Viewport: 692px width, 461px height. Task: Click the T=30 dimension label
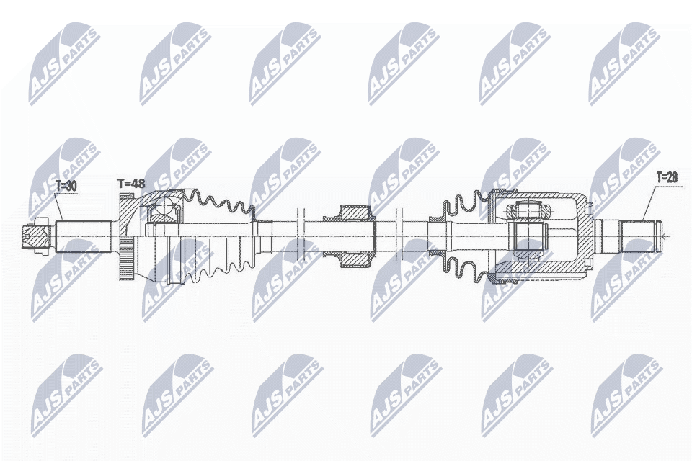click(x=65, y=185)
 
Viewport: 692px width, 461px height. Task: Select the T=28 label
click(x=667, y=176)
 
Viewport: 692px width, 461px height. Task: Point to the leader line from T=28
click(x=649, y=202)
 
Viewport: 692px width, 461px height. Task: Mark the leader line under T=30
click(x=60, y=206)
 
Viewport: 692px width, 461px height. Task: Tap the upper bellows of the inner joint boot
click(x=465, y=204)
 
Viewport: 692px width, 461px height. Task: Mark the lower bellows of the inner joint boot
click(x=465, y=267)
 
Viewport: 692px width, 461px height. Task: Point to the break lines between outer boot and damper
click(x=301, y=235)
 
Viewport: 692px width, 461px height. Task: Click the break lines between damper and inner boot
click(x=398, y=235)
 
